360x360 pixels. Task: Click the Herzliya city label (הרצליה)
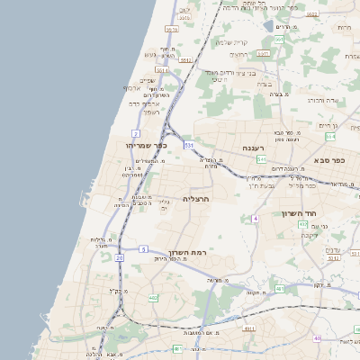(x=195, y=198)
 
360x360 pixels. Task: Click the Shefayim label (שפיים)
(x=148, y=80)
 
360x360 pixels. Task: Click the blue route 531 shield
(x=188, y=144)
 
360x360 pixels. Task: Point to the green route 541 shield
(x=261, y=159)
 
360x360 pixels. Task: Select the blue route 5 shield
(x=143, y=248)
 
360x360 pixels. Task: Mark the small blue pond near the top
(x=268, y=25)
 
